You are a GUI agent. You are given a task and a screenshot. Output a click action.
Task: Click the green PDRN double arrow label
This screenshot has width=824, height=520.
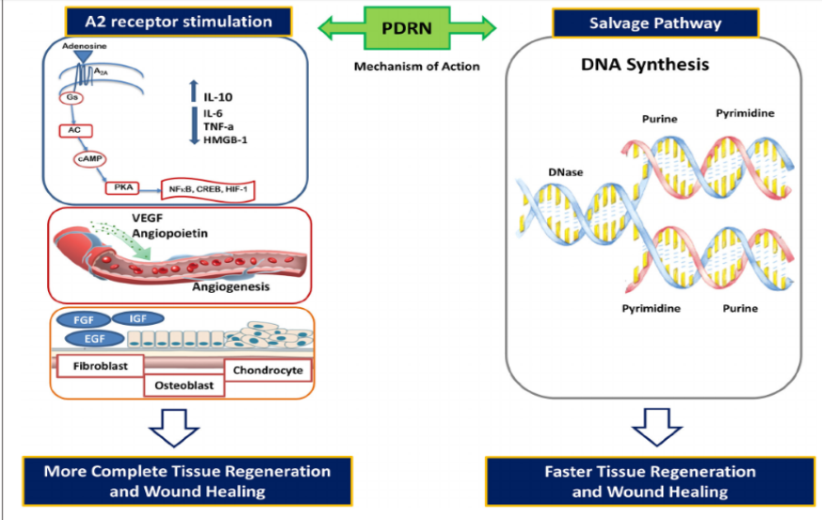click(x=407, y=28)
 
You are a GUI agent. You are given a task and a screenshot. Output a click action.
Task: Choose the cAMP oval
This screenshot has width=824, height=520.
click(x=90, y=160)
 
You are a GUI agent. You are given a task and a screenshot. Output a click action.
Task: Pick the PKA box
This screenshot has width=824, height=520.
click(x=121, y=187)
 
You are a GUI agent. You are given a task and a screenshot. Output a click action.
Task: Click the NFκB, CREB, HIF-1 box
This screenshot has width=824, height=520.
click(x=208, y=189)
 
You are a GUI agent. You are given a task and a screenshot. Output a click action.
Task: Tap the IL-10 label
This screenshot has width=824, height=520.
click(x=220, y=96)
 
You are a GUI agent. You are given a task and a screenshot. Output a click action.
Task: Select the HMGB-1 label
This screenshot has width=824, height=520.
click(x=226, y=140)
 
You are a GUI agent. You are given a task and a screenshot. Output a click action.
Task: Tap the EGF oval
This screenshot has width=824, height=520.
click(x=92, y=338)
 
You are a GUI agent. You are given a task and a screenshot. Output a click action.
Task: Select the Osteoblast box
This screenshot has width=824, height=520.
click(x=185, y=385)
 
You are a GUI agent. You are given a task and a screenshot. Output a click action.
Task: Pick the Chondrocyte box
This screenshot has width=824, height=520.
click(x=267, y=370)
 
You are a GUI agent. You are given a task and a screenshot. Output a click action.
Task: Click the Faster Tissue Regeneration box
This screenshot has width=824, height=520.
click(x=650, y=480)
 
